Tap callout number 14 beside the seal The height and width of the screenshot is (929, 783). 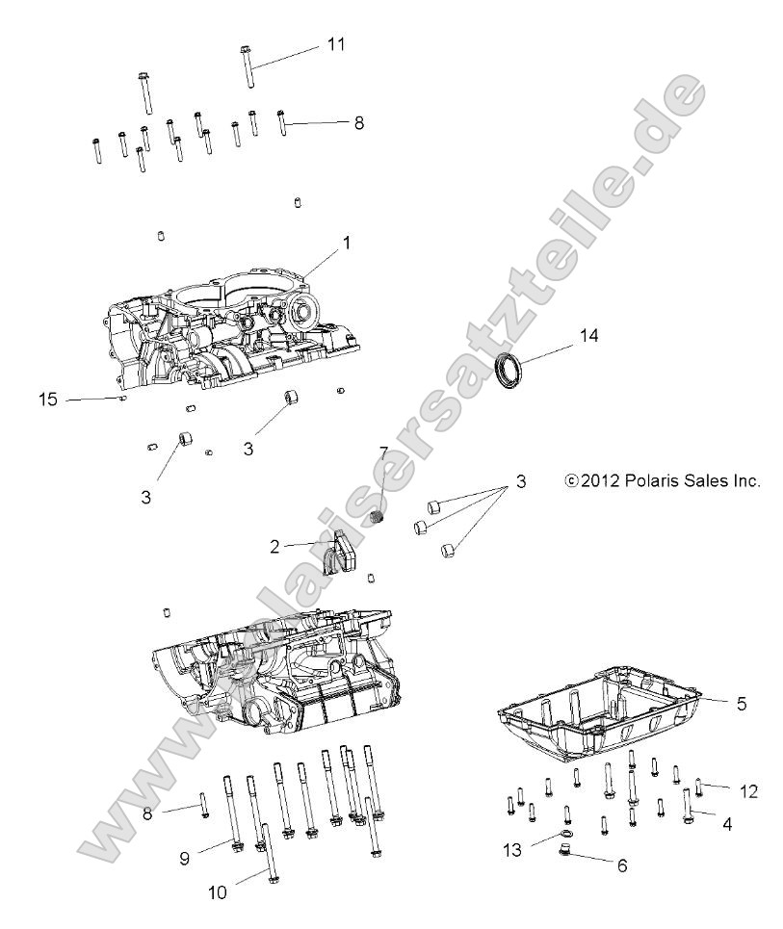click(588, 336)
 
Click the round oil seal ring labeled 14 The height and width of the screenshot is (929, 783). click(510, 371)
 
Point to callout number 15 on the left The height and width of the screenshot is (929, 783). click(48, 398)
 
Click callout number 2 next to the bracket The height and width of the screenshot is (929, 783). click(274, 545)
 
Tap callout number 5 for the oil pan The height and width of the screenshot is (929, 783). click(741, 703)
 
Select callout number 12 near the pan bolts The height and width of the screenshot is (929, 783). click(748, 791)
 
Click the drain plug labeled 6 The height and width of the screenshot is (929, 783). click(565, 850)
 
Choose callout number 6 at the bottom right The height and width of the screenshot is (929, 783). click(621, 865)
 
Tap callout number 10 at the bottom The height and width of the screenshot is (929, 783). click(218, 891)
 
